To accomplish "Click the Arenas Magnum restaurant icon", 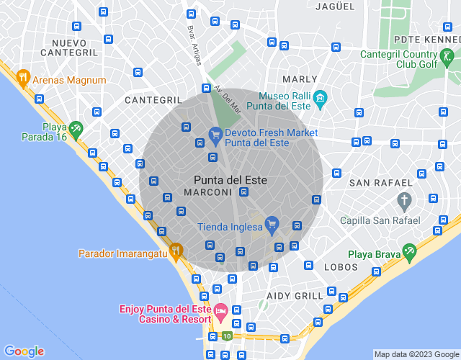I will point(24,80).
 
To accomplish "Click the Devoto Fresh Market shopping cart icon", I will point(215,133).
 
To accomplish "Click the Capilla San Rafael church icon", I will point(405,199).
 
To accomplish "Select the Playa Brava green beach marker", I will point(410,253).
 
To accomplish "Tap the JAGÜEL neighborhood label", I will point(336,6).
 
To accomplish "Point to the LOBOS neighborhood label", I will point(341,267).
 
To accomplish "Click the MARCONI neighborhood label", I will point(207,192).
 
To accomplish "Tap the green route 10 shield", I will point(227,336).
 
